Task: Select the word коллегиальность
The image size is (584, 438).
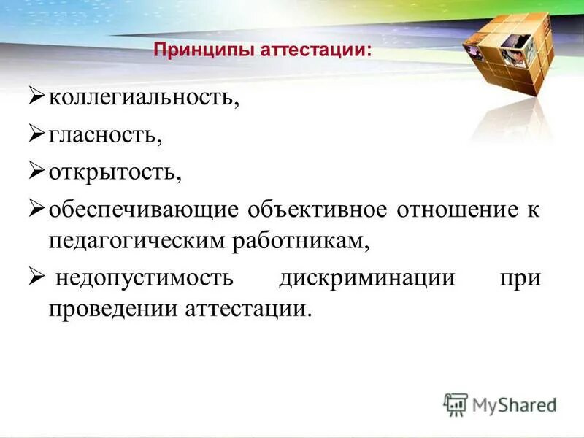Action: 144,98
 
